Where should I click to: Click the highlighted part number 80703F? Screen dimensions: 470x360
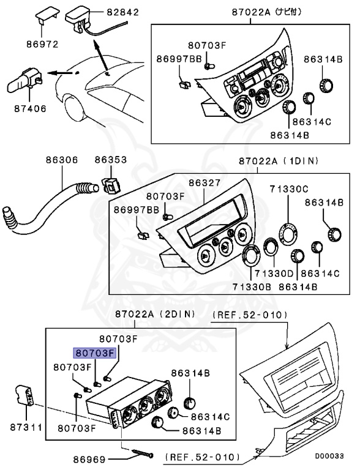(94, 353)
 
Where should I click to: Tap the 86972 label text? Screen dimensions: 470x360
(41, 45)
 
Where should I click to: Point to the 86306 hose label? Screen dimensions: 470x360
(61, 160)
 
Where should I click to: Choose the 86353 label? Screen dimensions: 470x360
(110, 160)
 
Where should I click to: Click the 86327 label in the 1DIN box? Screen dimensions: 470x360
(204, 182)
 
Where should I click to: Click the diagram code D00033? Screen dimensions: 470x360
(329, 456)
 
